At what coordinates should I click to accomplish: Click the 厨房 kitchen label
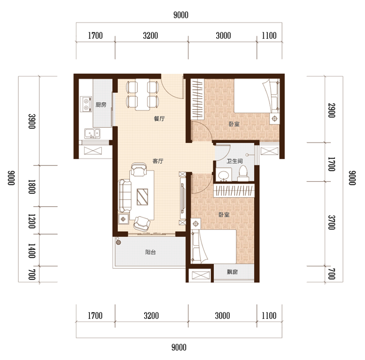pyautogui.click(x=101, y=105)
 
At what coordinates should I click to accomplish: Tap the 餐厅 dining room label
pyautogui.click(x=159, y=119)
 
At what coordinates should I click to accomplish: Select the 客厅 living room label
pyautogui.click(x=158, y=161)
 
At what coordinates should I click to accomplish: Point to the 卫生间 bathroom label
pyautogui.click(x=235, y=161)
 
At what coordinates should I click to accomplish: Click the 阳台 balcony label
pyautogui.click(x=151, y=252)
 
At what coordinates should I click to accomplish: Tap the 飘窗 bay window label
pyautogui.click(x=232, y=272)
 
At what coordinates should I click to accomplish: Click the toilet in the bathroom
pyautogui.click(x=243, y=173)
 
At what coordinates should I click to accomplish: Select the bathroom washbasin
pyautogui.click(x=224, y=176)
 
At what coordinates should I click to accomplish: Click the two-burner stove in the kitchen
pyautogui.click(x=86, y=104)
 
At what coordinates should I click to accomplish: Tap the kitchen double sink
pyautogui.click(x=93, y=133)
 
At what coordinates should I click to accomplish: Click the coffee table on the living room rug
pyautogui.click(x=142, y=197)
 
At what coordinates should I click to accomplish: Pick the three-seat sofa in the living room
pyautogui.click(x=125, y=196)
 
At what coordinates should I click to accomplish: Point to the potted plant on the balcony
pyautogui.click(x=119, y=242)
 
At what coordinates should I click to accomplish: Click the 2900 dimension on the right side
pyautogui.click(x=332, y=110)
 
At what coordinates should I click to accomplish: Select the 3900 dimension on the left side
pyautogui.click(x=31, y=121)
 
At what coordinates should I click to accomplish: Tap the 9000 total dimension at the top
pyautogui.click(x=181, y=15)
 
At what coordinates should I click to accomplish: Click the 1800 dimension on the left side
pyautogui.click(x=31, y=187)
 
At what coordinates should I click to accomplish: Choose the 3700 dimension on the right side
pyautogui.click(x=332, y=222)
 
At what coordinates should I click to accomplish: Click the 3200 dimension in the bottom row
pyautogui.click(x=151, y=316)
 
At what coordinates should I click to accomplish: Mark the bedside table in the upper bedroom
pyautogui.click(x=275, y=119)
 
